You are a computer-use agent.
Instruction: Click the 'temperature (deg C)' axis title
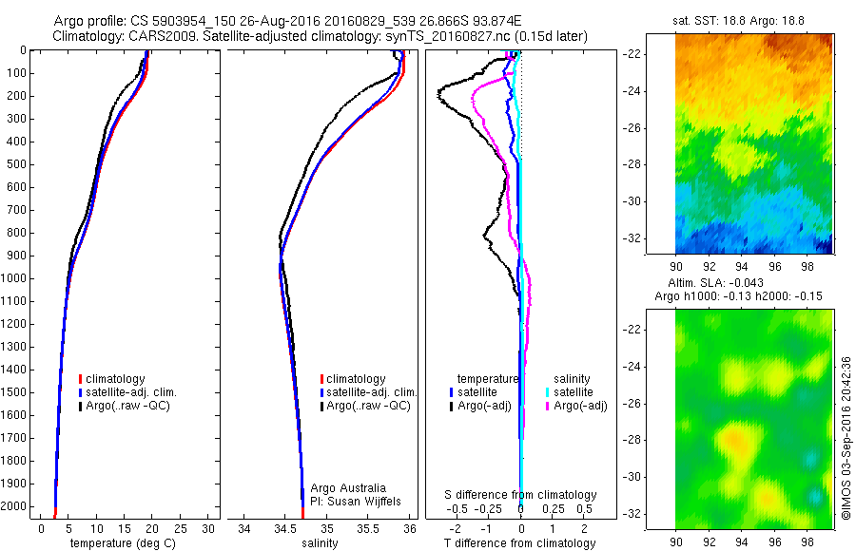[120, 543]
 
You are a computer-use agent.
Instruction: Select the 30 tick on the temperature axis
[208, 527]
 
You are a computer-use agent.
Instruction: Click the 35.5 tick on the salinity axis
[368, 527]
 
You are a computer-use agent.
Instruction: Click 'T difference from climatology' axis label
[521, 543]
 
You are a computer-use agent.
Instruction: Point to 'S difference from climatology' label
[521, 495]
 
